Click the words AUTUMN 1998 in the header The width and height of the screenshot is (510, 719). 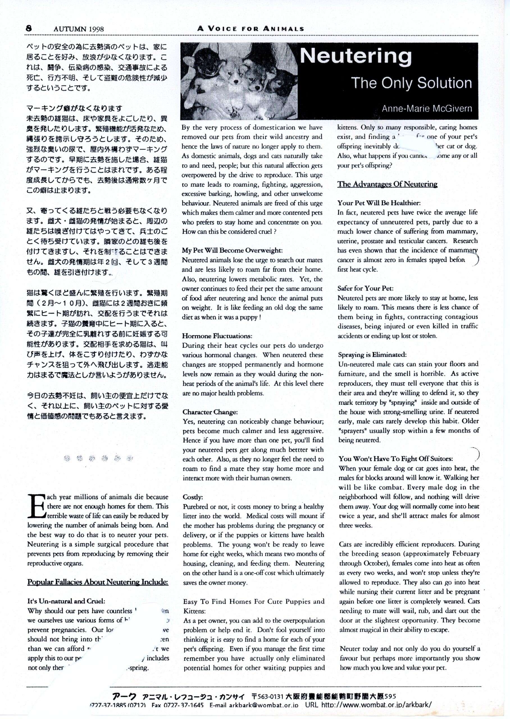coord(79,29)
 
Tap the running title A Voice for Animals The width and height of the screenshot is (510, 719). coord(251,29)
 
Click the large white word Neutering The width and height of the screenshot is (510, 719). coord(356,56)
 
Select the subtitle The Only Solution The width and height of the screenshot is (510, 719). coord(411,83)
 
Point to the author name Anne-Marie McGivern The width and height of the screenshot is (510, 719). coord(427,109)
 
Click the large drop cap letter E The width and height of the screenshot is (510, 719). coord(36,506)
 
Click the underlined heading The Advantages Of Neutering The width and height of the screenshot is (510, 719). coord(387,184)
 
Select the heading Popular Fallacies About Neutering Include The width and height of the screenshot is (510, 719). coord(98,582)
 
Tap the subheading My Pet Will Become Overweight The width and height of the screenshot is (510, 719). coord(232,250)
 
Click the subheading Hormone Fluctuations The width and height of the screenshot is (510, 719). coord(217,336)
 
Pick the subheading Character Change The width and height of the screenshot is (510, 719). coord(210,412)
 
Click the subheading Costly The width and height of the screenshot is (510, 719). coord(193,497)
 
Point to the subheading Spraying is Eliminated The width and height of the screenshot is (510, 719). coord(372,355)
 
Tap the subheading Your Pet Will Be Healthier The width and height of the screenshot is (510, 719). coord(379,203)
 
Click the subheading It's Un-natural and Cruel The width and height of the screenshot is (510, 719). coord(66,601)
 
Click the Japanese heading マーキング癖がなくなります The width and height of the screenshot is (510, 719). coord(74,109)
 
